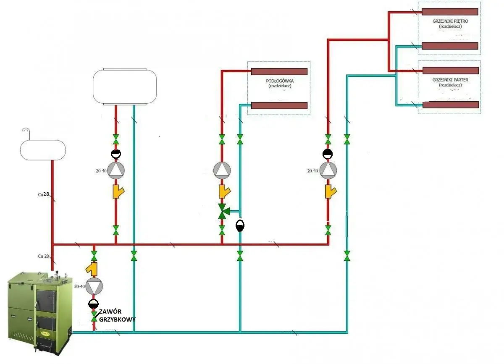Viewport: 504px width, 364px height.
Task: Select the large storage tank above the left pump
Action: click(125, 86)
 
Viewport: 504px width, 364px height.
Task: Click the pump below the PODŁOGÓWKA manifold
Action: click(222, 169)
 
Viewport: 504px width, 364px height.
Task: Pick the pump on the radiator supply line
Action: click(328, 169)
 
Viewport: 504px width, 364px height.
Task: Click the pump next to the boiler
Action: click(94, 286)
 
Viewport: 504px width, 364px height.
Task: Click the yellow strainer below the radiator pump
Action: click(329, 192)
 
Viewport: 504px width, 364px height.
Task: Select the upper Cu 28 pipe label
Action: click(44, 194)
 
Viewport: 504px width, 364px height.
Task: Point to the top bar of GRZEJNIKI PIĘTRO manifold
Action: click(450, 11)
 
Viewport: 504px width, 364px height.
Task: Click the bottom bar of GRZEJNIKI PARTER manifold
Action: click(450, 105)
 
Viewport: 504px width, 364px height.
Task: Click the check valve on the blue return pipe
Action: click(240, 225)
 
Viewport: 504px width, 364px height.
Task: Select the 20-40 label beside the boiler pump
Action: click(79, 286)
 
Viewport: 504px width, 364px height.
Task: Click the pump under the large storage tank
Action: click(116, 169)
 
